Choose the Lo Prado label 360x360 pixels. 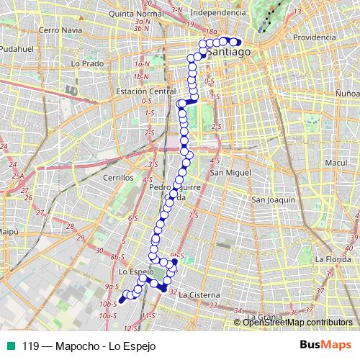[x=84, y=63]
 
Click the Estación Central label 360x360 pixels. [x=146, y=91]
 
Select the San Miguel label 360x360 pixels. [x=230, y=173]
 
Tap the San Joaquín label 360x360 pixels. [x=273, y=199]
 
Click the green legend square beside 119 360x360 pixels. [x=11, y=346]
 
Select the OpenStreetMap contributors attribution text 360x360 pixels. [x=297, y=322]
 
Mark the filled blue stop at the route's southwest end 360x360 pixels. [x=121, y=302]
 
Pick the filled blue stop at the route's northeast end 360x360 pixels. [x=238, y=42]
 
